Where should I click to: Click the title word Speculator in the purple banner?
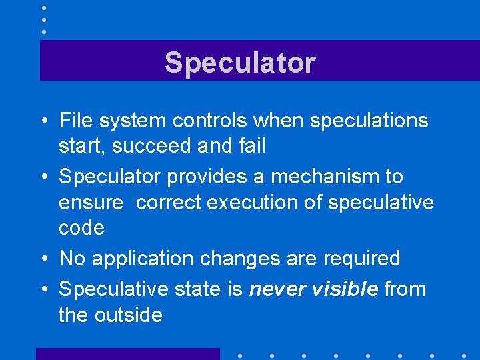click(240, 63)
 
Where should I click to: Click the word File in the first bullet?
click(75, 121)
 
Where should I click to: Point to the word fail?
click(251, 146)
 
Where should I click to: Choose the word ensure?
click(91, 202)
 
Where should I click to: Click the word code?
click(81, 228)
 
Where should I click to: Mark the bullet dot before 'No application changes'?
click(45, 259)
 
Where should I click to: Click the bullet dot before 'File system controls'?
click(45, 121)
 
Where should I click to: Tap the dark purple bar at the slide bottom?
click(127, 354)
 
